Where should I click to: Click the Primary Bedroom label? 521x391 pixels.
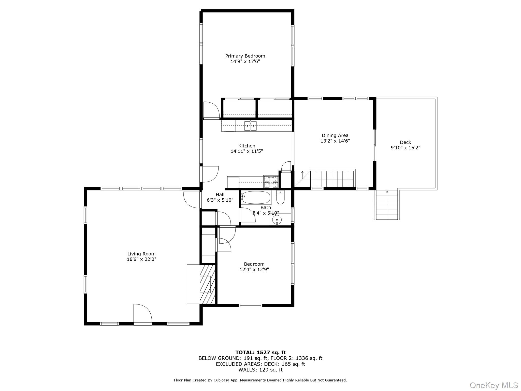point(245,56)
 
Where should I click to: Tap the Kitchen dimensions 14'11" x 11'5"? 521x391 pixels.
point(247,151)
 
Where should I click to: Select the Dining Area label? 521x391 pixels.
point(335,135)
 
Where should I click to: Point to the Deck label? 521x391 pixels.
point(405,142)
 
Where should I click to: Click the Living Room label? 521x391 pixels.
point(141,254)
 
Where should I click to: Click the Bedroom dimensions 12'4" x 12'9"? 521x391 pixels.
point(254,270)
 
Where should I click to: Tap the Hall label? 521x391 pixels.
point(220,195)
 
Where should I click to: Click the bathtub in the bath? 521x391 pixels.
point(256,198)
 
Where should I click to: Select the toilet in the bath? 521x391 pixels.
point(280,198)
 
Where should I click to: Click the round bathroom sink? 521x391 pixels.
point(277,219)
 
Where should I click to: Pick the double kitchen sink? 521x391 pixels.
point(250,126)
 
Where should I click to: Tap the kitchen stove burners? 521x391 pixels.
point(271,181)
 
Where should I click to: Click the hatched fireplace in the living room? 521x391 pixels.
point(207,284)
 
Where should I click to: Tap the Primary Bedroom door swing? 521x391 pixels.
point(211,110)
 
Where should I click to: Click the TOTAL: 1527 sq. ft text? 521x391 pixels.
point(260,353)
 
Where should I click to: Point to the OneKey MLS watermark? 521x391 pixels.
point(494,385)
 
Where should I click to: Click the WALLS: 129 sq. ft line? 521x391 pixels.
point(260,370)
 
